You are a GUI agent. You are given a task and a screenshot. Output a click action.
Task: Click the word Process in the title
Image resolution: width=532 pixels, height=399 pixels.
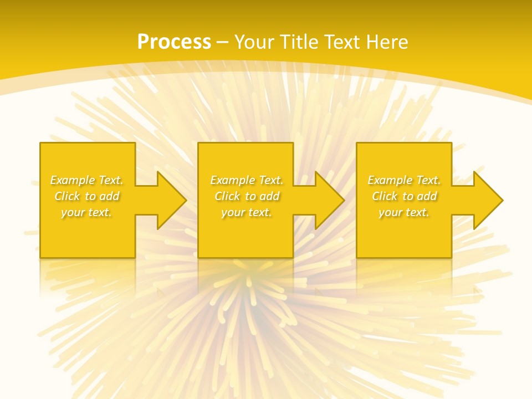click(x=174, y=42)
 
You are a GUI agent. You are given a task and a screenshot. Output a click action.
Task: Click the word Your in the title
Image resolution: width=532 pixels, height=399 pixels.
click(x=255, y=42)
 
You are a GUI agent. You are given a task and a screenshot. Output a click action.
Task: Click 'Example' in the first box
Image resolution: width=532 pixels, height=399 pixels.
click(x=72, y=180)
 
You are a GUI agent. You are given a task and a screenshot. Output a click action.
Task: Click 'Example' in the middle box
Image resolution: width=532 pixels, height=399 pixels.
click(x=232, y=180)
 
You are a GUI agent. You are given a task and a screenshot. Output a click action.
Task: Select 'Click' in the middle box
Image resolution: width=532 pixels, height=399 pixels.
click(x=227, y=196)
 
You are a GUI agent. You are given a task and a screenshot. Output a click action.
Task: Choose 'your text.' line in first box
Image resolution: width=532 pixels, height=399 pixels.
click(x=86, y=212)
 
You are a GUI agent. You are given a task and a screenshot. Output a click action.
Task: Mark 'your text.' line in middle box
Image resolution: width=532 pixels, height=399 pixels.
click(x=246, y=212)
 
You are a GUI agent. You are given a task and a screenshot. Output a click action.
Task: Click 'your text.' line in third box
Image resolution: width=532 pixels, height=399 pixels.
click(x=404, y=212)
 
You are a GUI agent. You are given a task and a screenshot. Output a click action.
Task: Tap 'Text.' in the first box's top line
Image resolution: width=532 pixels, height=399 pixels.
click(x=110, y=180)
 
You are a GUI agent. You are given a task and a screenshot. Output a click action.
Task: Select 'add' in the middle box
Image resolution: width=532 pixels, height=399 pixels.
click(x=269, y=196)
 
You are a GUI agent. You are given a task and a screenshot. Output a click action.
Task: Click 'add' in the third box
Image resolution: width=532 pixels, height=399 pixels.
click(x=427, y=196)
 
